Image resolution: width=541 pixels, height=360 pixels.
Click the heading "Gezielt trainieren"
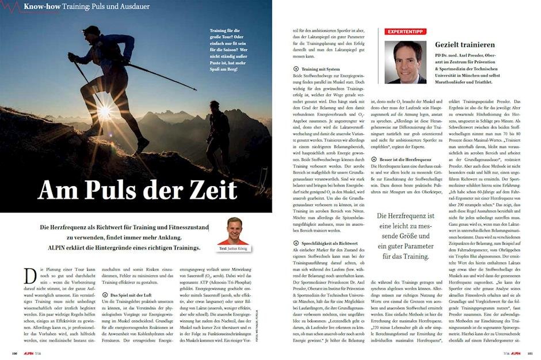tap(465, 44)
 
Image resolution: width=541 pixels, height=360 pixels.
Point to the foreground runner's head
tap(92, 31)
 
